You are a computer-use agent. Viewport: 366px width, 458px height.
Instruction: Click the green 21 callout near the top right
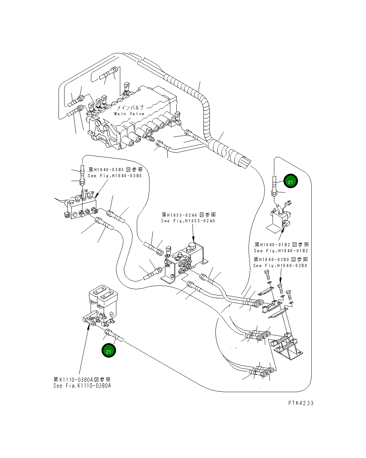click(290, 182)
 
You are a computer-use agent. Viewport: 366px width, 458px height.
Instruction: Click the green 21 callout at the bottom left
click(109, 351)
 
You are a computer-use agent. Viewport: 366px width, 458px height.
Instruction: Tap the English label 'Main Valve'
click(129, 114)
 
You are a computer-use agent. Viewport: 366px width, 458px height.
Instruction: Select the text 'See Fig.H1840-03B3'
click(115, 176)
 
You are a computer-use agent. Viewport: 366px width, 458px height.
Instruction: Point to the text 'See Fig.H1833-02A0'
click(188, 221)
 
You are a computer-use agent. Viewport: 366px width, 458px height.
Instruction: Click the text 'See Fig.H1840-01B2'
click(281, 251)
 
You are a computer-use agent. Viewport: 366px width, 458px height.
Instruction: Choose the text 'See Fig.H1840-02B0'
click(280, 266)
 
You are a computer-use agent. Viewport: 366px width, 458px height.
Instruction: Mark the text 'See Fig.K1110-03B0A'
click(82, 386)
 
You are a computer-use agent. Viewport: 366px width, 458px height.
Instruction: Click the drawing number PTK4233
click(300, 403)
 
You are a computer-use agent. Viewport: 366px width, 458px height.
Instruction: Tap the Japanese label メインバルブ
click(130, 108)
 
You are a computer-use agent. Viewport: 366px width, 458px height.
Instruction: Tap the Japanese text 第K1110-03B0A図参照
click(82, 379)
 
